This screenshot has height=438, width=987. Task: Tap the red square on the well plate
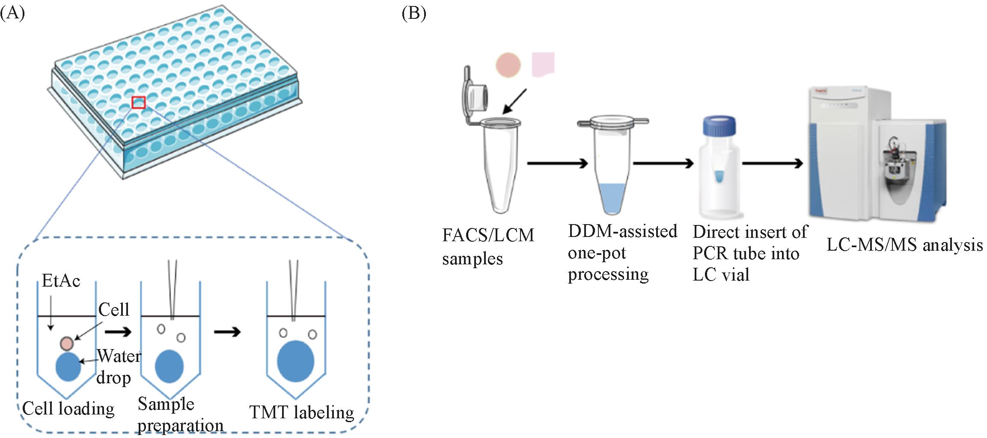139,103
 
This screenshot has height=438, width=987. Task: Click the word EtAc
61,281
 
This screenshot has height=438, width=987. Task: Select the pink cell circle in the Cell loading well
67,343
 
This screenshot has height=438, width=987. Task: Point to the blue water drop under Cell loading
68,367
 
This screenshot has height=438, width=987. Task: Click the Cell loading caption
68,408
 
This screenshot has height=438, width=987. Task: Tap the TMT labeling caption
302,412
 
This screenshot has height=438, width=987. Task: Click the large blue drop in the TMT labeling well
295,361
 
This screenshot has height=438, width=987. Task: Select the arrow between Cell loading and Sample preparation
118,332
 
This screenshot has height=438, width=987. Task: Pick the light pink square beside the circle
543,65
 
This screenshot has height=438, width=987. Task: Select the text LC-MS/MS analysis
904,245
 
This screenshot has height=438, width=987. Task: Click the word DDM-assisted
622,231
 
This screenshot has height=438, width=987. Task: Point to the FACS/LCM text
488,235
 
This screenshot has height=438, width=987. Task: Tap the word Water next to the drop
119,356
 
